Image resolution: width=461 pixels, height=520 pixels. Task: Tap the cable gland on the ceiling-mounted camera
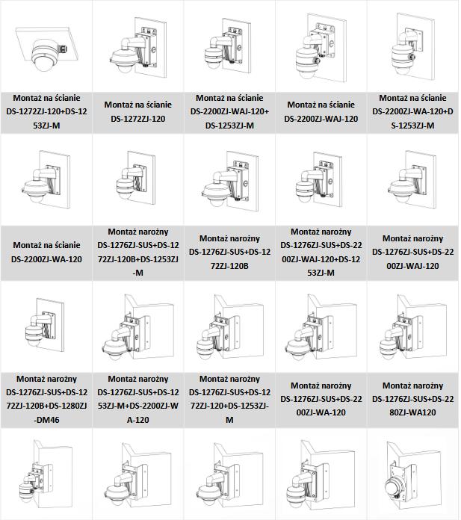[x=63, y=49]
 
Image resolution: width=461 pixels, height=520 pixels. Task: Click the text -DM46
[x=46, y=420]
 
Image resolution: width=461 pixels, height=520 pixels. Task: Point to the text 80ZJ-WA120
[x=413, y=412]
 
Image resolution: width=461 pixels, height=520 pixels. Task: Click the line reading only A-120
[x=138, y=420]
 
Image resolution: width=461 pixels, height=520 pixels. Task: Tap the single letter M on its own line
[x=229, y=420]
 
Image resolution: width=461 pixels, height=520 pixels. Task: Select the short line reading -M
[x=138, y=273]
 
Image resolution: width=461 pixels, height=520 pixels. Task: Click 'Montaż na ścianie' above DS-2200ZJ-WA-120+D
[x=413, y=98]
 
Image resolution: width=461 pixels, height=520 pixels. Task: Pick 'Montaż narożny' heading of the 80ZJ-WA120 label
[x=413, y=386]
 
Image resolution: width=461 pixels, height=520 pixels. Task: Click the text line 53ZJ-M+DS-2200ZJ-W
[x=138, y=406]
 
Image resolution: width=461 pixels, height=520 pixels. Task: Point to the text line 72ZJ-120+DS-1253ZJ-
[x=229, y=406]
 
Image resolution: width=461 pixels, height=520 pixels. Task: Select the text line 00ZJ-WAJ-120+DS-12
[x=321, y=259]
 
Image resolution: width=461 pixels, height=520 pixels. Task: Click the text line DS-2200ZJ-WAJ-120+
[x=229, y=111]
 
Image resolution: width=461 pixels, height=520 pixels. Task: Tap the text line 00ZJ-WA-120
[x=321, y=412]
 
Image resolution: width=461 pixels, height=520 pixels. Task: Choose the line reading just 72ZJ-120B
[x=229, y=266]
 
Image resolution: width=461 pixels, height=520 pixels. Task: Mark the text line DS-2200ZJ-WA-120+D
[x=413, y=111]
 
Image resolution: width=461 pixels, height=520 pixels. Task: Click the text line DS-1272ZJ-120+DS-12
[x=46, y=111]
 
